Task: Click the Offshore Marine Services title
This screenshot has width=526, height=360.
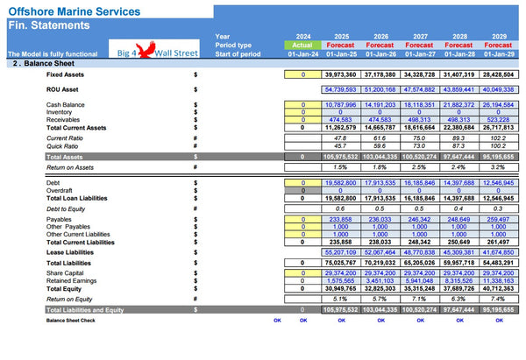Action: [74, 11]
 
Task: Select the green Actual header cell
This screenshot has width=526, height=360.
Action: [302, 45]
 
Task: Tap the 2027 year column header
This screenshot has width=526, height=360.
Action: [421, 37]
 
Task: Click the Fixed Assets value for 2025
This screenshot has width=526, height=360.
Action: [342, 74]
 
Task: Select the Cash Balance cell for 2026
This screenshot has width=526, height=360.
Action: [381, 104]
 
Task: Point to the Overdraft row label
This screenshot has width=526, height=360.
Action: [62, 190]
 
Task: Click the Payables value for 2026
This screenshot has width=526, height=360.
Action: [381, 220]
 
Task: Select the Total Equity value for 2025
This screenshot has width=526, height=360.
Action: [342, 288]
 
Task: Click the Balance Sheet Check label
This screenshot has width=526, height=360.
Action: [71, 321]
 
